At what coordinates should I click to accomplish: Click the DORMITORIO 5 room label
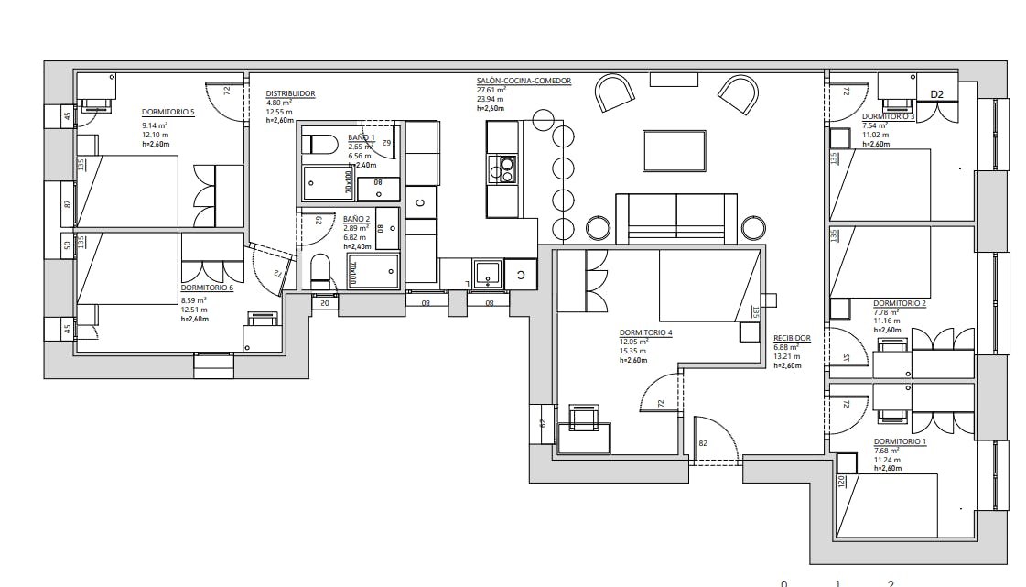167,112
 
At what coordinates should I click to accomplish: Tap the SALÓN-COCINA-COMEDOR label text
523,81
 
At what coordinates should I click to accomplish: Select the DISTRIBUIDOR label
290,93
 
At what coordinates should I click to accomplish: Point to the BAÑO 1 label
361,137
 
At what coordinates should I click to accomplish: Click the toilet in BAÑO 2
320,269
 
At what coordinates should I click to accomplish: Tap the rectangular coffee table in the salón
674,150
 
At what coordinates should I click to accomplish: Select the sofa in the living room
675,217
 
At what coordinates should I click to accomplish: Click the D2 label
936,94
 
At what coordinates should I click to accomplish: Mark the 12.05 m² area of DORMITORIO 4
633,342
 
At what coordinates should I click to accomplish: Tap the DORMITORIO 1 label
900,440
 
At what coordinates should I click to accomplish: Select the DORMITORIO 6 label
207,288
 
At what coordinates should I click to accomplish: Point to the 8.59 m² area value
193,299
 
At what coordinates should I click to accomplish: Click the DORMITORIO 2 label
899,303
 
